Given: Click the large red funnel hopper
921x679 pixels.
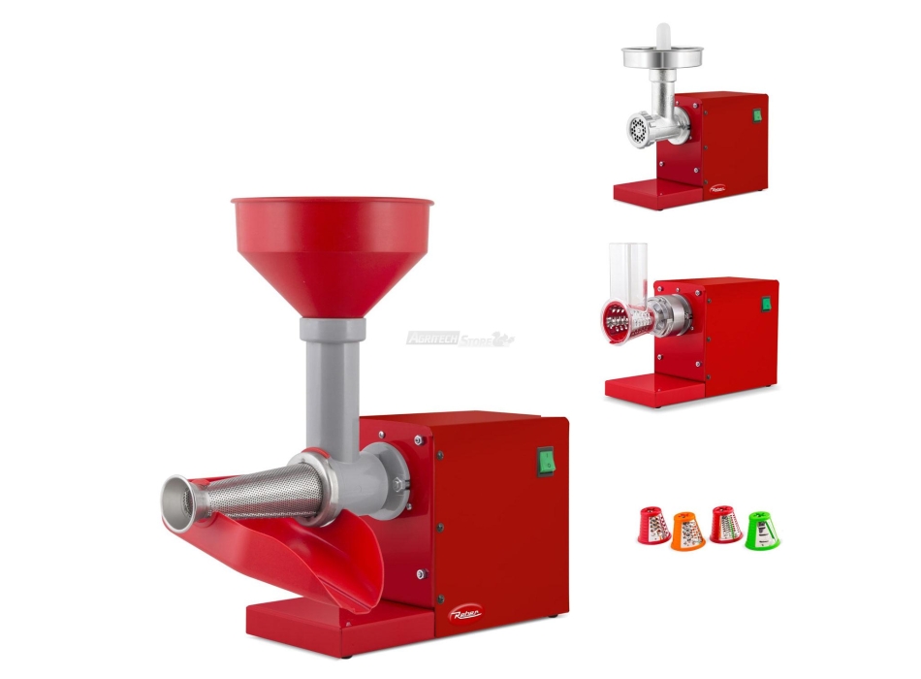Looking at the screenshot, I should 332,247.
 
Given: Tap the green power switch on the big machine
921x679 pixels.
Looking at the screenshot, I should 546,460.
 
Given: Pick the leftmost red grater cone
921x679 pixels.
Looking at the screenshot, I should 652,526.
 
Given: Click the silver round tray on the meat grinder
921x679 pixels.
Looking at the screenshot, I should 662,56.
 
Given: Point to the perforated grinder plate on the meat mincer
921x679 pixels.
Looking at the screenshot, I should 639,129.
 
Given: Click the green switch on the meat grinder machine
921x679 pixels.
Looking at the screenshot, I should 756,116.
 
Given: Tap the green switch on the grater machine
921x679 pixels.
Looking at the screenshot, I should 766,304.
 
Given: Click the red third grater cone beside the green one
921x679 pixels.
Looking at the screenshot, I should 724,525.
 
